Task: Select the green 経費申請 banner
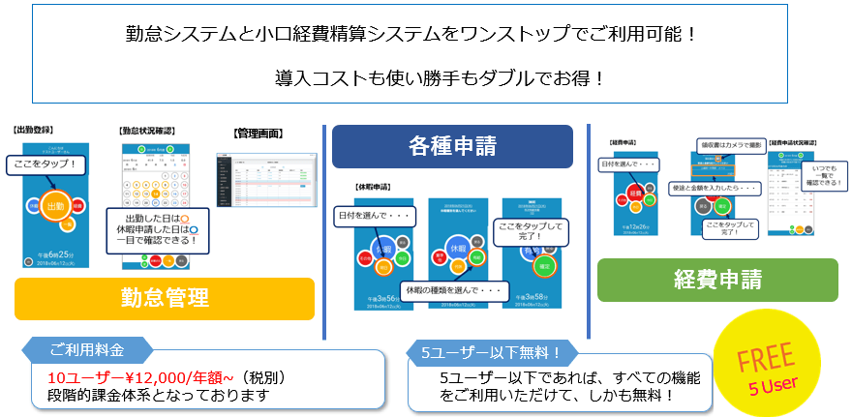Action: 717,280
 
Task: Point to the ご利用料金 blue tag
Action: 86,347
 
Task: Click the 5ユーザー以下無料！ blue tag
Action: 493,351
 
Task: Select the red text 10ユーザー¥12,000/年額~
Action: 130,377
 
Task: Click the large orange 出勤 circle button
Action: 57,206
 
